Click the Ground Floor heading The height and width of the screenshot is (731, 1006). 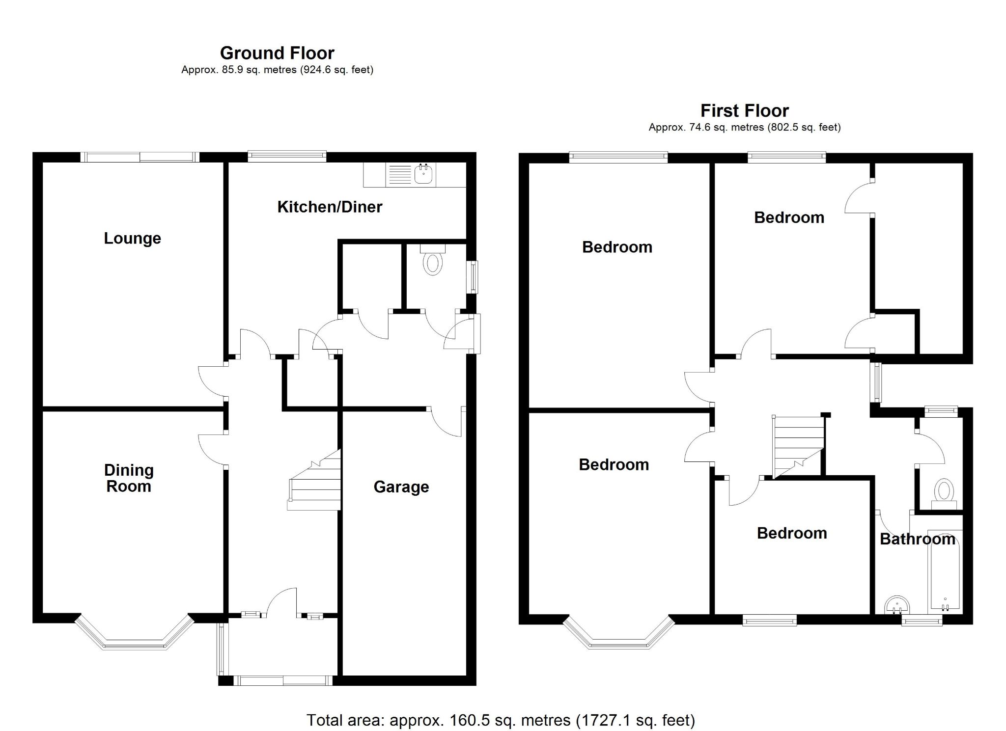277,53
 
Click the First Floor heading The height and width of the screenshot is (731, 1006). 744,110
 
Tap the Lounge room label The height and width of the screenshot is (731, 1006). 132,238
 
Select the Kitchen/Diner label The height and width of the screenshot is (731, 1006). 330,207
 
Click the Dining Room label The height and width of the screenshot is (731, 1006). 129,478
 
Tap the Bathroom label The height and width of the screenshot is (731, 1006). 917,539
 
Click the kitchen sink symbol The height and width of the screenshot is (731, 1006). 423,174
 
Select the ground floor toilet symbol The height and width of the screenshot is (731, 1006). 433,261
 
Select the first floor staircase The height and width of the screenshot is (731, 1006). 798,444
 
